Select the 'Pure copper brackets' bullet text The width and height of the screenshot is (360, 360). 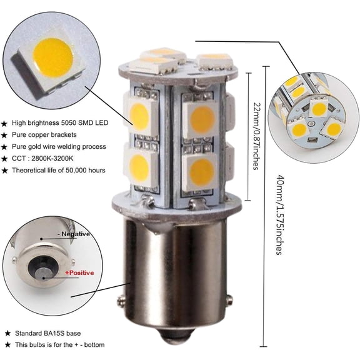click(x=48, y=134)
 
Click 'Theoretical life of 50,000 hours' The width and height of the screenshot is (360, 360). click(x=62, y=170)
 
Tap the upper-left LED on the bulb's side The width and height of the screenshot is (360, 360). click(x=142, y=114)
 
